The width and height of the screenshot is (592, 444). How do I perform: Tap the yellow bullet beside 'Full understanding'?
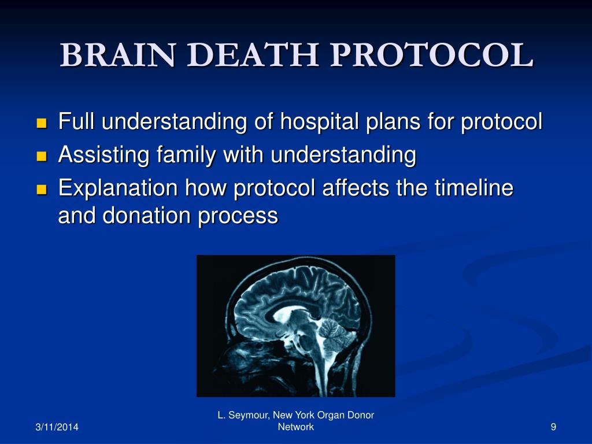(41, 123)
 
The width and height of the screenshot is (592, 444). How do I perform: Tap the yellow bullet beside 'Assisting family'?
(41, 156)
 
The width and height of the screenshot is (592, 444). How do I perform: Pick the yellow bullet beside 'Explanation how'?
(41, 189)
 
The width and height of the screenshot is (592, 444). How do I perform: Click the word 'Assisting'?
(104, 155)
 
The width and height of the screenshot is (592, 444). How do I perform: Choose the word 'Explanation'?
(118, 188)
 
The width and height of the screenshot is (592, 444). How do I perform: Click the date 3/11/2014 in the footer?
(57, 427)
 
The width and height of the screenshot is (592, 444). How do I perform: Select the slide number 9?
(553, 427)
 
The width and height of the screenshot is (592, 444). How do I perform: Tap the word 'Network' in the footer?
(296, 427)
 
